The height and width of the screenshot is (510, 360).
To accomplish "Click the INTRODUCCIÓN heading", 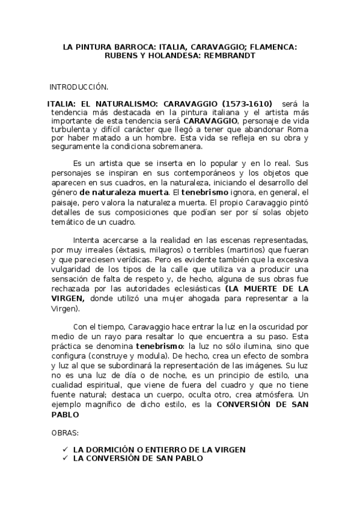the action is coord(79,87).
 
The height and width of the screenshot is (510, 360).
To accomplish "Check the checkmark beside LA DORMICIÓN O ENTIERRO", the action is coord(64,449).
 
